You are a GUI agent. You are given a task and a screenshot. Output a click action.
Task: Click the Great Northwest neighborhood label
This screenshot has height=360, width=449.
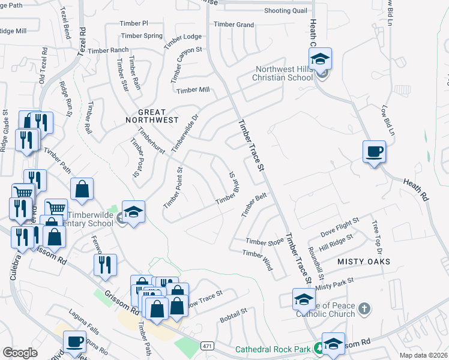coord(158,116)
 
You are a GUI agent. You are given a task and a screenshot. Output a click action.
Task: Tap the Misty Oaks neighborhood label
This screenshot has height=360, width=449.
coord(364,262)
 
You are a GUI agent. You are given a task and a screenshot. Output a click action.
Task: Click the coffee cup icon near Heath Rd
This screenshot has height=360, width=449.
coord(374,151)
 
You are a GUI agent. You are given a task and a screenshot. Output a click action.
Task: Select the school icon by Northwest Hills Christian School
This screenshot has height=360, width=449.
coord(320,59)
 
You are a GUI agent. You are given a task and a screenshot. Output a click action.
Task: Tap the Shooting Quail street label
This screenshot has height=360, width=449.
coord(285,11)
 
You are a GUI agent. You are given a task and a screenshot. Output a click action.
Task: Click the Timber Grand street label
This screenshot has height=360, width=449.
coord(234,25)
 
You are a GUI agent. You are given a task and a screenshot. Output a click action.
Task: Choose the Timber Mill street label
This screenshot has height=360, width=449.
coord(192,90)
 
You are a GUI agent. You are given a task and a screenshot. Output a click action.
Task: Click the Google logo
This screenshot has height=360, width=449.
coord(20,353)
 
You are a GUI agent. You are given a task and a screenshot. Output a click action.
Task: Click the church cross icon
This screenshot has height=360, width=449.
coord(364,310)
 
